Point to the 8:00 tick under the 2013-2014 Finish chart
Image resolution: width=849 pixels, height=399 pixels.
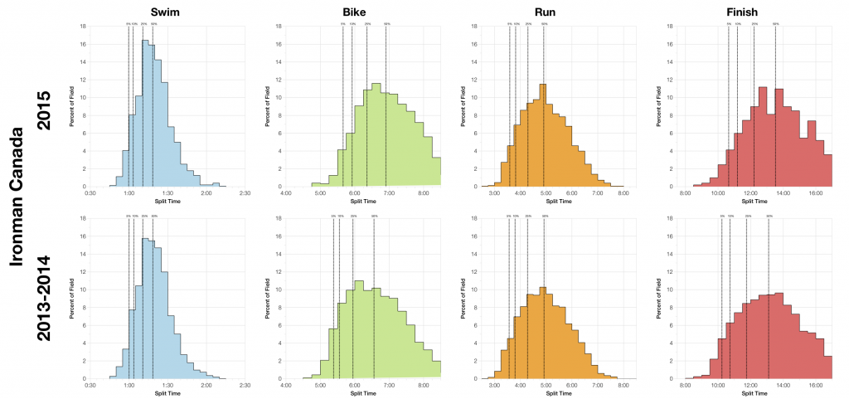(x=686, y=386)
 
